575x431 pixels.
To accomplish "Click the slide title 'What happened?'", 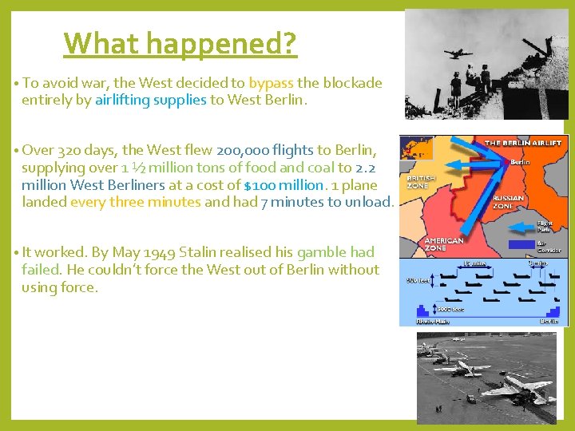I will click(180, 43).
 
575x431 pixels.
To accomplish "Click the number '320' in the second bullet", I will click(71, 150).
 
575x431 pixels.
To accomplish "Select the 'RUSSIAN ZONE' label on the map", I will click(508, 201).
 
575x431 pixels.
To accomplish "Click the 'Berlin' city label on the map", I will click(519, 161).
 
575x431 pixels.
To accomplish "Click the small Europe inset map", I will click(416, 148).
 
